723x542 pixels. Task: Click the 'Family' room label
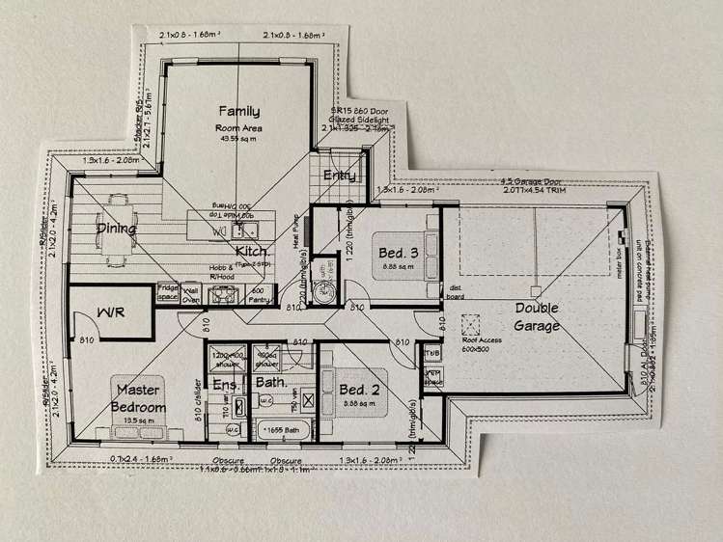(x=237, y=110)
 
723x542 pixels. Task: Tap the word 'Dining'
(x=115, y=229)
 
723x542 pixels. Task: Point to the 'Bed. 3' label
(x=398, y=252)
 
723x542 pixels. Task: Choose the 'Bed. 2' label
(x=357, y=390)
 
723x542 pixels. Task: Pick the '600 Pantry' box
(x=259, y=293)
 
